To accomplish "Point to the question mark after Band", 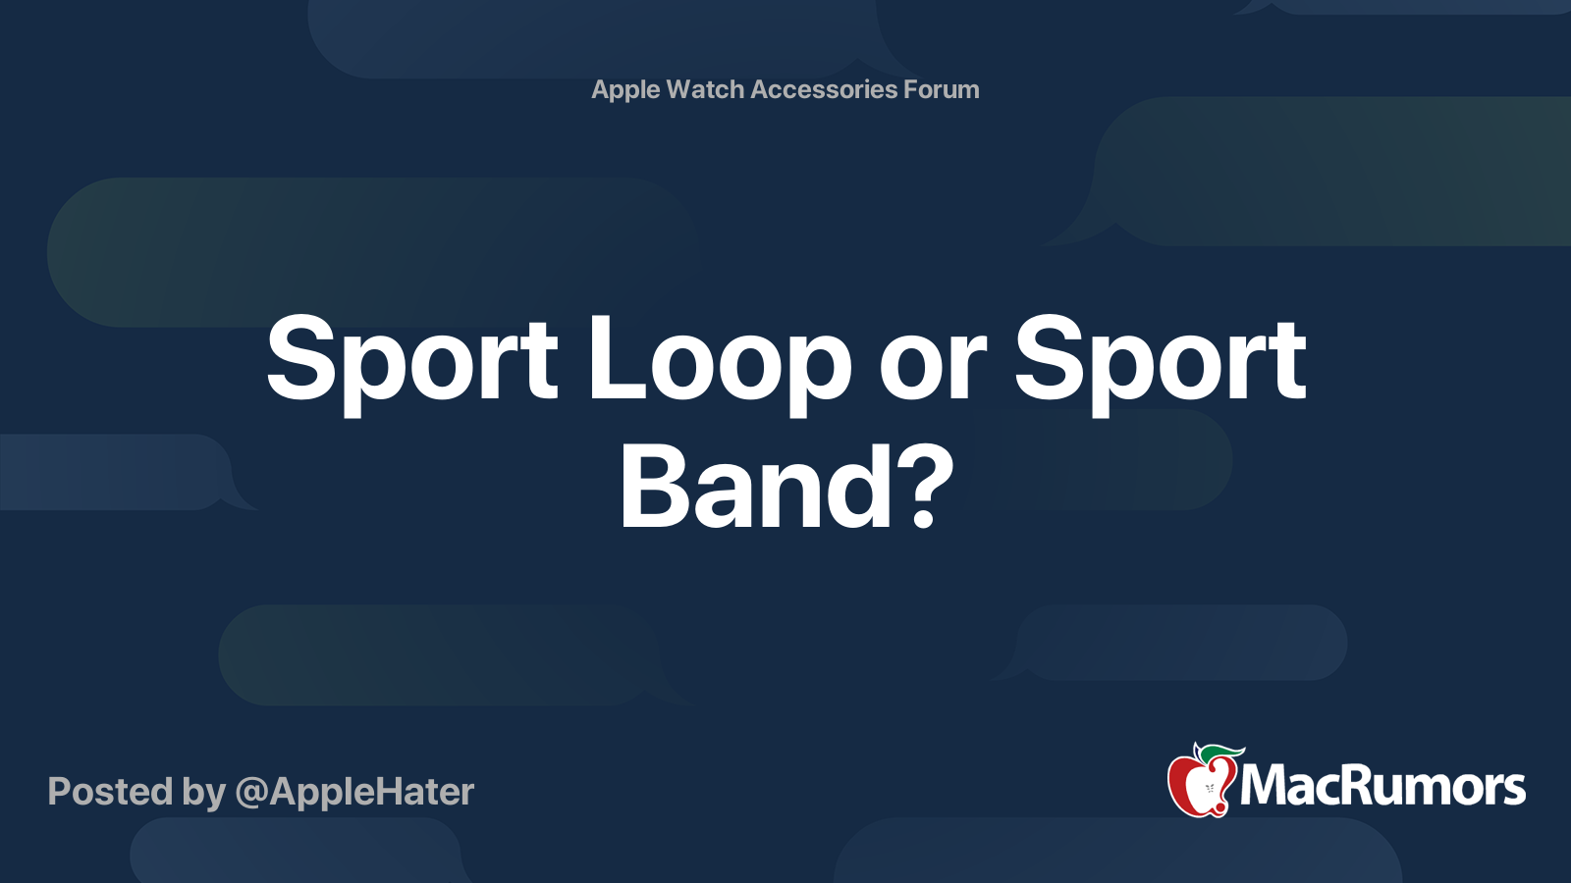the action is click(925, 487).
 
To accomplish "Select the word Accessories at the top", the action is click(824, 89).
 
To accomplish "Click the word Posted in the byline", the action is click(111, 792).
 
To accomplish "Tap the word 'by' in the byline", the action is click(203, 795).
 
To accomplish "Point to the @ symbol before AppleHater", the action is click(251, 794).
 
